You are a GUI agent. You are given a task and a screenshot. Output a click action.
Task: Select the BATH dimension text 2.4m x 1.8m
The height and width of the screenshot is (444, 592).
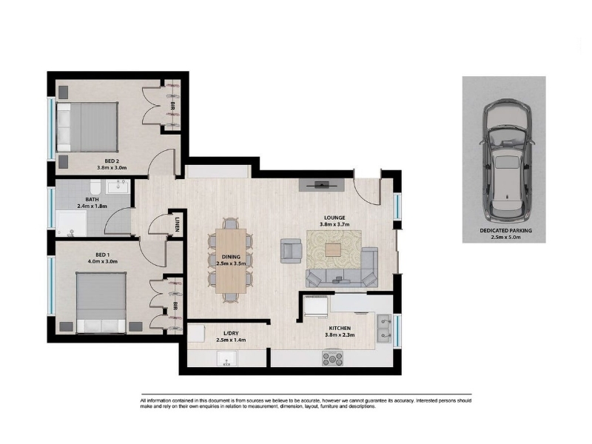coord(92,206)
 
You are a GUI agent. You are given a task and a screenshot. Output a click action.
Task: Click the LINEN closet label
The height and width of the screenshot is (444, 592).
coord(178,223)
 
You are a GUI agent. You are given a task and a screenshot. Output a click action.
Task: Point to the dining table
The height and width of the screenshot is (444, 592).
coord(231,261)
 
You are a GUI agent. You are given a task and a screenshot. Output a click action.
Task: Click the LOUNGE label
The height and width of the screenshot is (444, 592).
coord(334,218)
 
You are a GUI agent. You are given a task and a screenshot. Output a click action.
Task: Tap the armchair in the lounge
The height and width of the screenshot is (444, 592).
coord(291,251)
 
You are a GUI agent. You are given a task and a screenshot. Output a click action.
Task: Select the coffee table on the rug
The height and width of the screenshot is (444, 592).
coord(332,250)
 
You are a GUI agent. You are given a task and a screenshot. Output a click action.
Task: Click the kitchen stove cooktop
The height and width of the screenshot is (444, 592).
coord(332,358)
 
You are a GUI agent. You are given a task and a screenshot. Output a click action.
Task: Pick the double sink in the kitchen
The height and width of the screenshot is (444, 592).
coord(384,328)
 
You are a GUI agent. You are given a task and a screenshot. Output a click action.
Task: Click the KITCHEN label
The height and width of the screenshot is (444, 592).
coord(340,329)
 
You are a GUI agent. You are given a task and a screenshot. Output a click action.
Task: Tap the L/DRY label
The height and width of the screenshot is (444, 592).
coord(231,334)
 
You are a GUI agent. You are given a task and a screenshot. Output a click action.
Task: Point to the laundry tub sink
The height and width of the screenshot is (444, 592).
coord(226,358)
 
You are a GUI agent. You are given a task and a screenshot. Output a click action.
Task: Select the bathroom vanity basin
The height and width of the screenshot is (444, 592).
coord(118,186)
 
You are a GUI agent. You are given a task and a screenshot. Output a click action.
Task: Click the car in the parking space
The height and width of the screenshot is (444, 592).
coord(507,161)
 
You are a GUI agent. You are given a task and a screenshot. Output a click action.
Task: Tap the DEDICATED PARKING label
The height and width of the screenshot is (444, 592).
coord(505,230)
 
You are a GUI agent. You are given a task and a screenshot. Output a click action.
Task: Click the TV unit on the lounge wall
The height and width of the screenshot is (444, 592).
coord(322,185)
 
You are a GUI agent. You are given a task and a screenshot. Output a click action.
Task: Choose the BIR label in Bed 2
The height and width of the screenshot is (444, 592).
coord(172,105)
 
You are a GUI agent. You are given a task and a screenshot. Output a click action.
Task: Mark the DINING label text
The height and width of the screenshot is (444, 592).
coord(231,257)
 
